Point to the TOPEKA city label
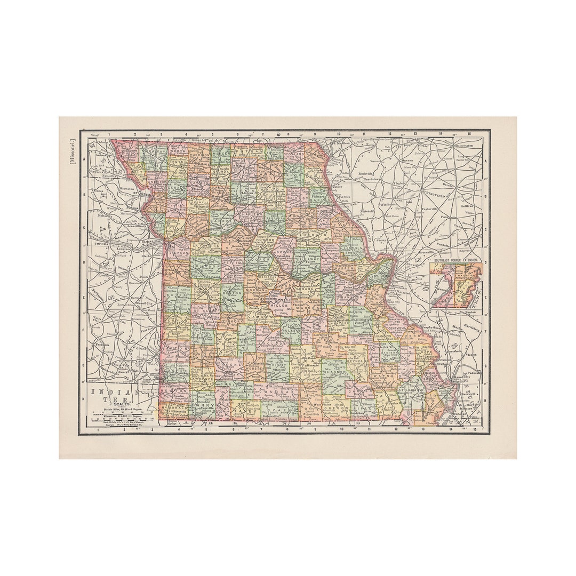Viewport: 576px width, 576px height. coord(101,243)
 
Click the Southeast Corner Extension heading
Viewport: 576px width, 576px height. coord(455,259)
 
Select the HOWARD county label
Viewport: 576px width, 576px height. coord(266,241)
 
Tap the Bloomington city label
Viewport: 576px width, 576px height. coord(463,145)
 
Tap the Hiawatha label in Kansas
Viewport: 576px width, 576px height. coord(126,189)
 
